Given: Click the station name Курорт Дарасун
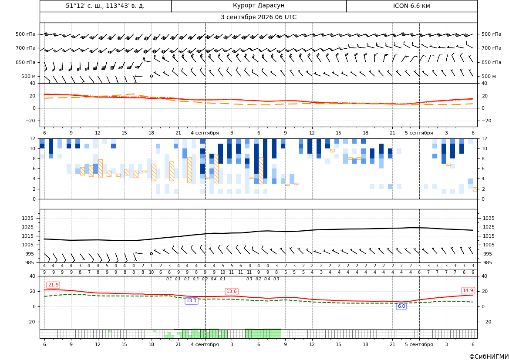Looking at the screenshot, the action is coord(259,6).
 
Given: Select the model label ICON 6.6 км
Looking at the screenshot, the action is coord(411,6).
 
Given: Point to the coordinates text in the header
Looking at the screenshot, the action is coord(105,6).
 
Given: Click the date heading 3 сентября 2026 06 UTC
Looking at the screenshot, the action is coord(258,17).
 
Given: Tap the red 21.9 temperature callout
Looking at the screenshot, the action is coord(53,285).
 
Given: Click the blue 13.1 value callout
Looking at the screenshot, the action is coord(191,301).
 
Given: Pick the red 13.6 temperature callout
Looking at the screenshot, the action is coord(232,292).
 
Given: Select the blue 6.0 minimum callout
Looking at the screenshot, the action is coord(401,306).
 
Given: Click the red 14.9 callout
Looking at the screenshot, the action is coord(468,290).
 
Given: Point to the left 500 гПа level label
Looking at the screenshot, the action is coord(26,34).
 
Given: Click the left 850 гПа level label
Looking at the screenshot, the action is coord(26,62).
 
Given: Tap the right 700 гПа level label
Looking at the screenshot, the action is coord(492,48).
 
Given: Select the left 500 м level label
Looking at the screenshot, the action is coord(29,76).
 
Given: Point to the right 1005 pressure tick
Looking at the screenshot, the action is coord(489,245).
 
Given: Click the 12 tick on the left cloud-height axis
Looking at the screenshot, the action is coord(33,138).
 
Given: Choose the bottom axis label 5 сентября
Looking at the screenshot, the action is coord(419,344).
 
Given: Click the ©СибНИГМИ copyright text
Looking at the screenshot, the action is coord(489,357).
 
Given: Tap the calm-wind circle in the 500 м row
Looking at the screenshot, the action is coord(151,76).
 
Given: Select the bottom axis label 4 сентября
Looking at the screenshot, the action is coord(205,344).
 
